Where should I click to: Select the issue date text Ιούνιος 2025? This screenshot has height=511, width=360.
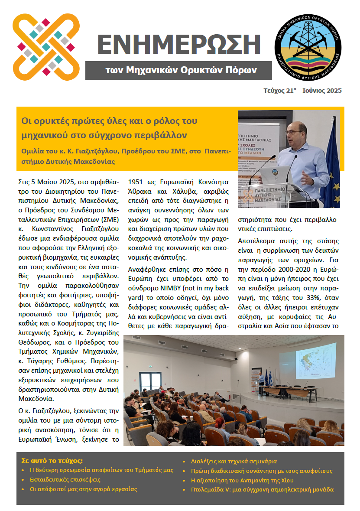[x=322, y=91]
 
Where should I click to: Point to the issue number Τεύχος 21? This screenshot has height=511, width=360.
[x=279, y=91]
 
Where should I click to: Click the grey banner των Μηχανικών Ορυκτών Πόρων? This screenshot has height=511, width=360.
[x=181, y=70]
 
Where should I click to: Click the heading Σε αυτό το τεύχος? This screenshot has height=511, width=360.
[x=52, y=460]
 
